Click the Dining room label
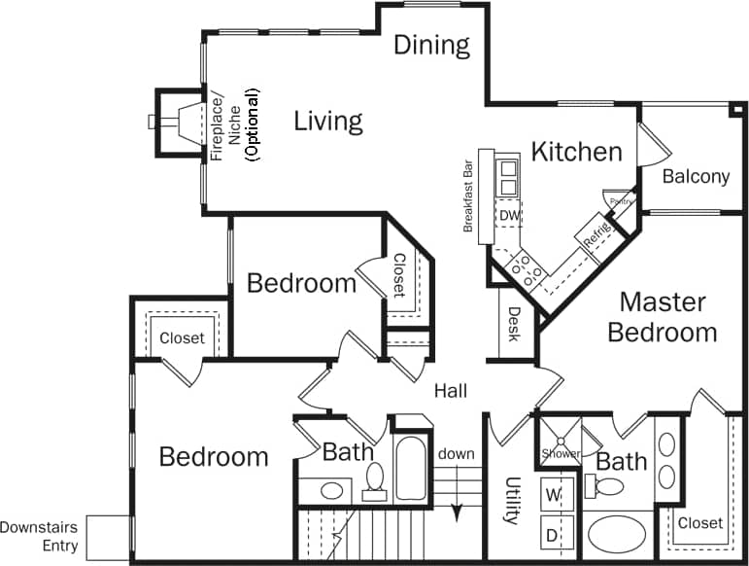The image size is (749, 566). click(x=431, y=45)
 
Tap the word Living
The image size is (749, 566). click(x=328, y=122)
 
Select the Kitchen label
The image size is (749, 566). click(x=576, y=152)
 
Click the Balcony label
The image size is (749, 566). click(x=696, y=176)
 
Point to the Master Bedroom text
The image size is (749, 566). click(x=663, y=317)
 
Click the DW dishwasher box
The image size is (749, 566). click(x=509, y=215)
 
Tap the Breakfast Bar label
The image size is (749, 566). click(x=468, y=195)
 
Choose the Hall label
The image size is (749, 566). click(x=451, y=391)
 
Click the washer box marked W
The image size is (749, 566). click(x=554, y=494)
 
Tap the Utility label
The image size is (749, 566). click(x=512, y=501)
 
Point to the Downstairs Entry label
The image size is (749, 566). click(x=40, y=536)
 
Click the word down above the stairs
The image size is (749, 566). click(x=456, y=454)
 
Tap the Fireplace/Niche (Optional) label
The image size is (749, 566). click(x=234, y=124)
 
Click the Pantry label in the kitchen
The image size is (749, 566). click(x=620, y=200)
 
